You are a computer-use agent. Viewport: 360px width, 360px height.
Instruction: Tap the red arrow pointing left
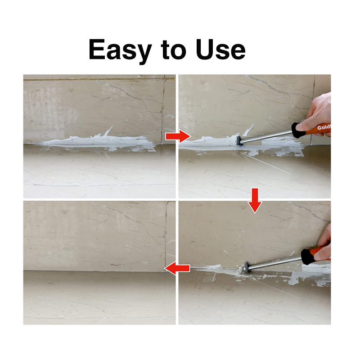pos(177,269)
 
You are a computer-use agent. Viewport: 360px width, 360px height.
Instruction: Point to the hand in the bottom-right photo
pos(324,245)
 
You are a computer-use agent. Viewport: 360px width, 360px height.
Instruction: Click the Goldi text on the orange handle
pos(323,128)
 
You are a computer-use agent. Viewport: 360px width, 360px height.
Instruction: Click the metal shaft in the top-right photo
pos(265,136)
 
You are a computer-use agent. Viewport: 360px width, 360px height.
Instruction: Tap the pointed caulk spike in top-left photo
pos(107,131)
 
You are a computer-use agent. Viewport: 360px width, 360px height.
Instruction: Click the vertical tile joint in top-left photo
pos(163,108)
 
